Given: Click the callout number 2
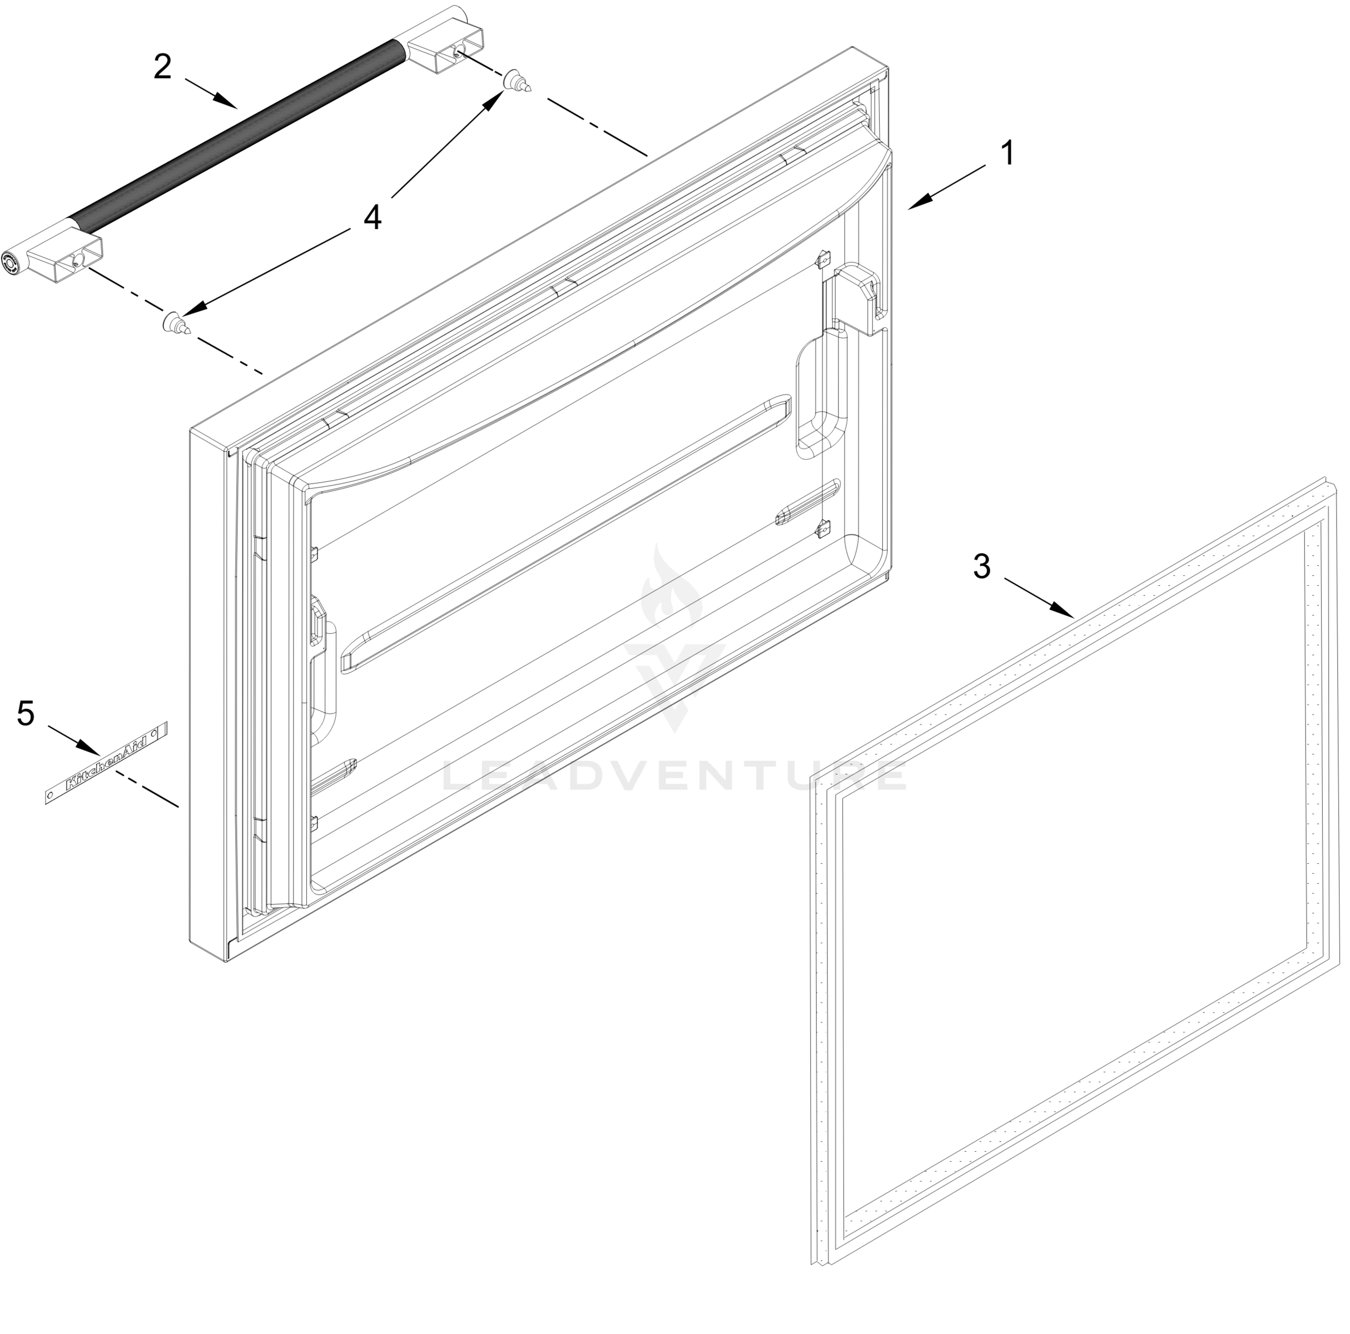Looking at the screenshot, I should point(162,68).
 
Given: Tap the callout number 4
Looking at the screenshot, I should point(373,217).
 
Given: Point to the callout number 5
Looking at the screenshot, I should point(26,714).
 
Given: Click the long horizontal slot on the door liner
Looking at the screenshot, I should point(566,531).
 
